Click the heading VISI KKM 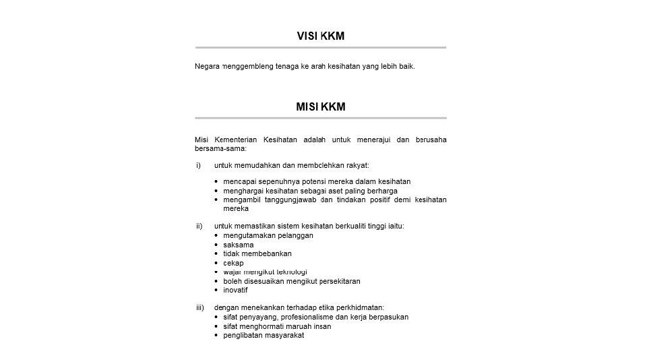[x=320, y=36]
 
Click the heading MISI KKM [x=320, y=107]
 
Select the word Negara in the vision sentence [x=207, y=66]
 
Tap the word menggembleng [x=246, y=66]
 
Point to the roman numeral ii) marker [x=199, y=226]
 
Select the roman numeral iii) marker [x=200, y=307]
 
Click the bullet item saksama [x=239, y=245]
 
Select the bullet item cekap [x=234, y=263]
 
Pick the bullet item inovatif [x=236, y=290]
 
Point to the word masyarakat [x=284, y=335]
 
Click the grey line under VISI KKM [x=320, y=48]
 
